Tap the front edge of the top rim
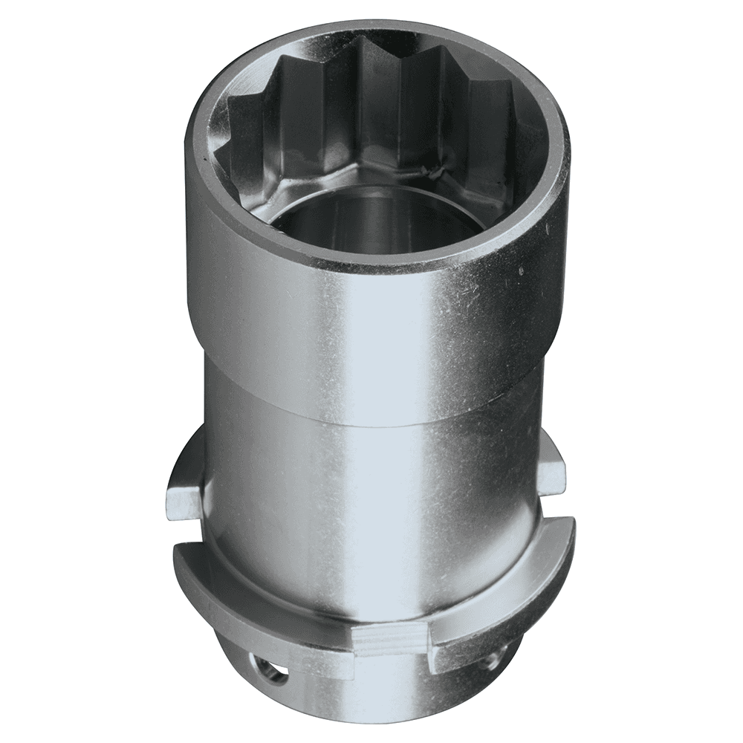click(x=371, y=264)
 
